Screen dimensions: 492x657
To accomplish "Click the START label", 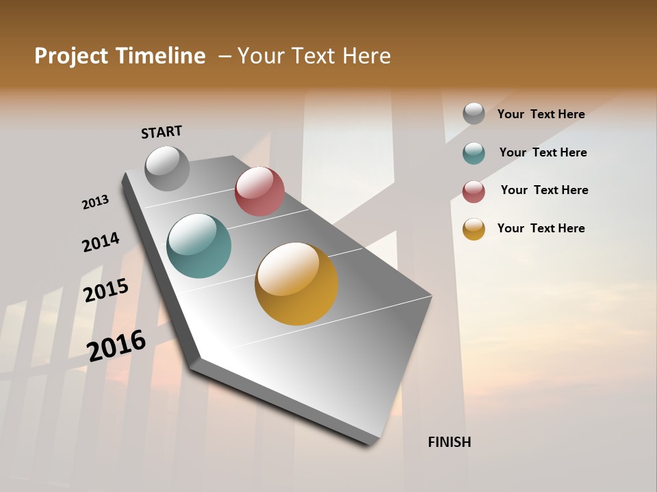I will click(x=162, y=132).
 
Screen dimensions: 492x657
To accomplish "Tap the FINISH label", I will click(x=450, y=442).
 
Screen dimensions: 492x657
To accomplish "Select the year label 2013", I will click(x=95, y=202).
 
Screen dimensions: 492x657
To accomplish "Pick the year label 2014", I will click(x=101, y=243).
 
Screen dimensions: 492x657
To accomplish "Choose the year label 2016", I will click(x=116, y=345).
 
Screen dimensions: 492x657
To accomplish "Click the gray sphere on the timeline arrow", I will click(x=168, y=168).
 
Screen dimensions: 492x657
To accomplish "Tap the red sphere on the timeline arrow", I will click(x=259, y=191).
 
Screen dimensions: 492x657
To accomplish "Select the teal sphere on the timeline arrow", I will click(x=198, y=246).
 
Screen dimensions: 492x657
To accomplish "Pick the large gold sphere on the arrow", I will click(x=296, y=284).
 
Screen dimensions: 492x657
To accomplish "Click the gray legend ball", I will click(x=474, y=113).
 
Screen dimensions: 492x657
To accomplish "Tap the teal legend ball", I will click(x=474, y=153).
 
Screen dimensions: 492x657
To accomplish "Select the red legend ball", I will click(x=474, y=191).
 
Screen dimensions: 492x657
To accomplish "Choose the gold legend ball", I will click(x=474, y=229).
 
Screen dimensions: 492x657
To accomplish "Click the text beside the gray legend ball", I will click(x=541, y=114).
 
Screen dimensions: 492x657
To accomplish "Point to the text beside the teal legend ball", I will click(x=543, y=152).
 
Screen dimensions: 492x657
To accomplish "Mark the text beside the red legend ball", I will click(x=544, y=190).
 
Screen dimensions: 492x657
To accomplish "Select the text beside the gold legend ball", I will click(x=541, y=228).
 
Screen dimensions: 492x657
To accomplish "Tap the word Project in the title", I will click(x=71, y=56).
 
